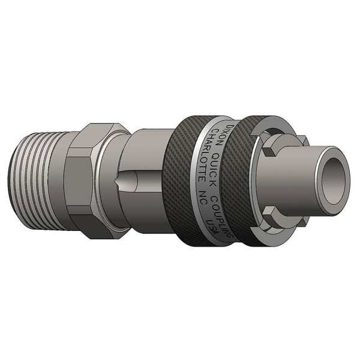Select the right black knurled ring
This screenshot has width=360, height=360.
click(240, 180)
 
